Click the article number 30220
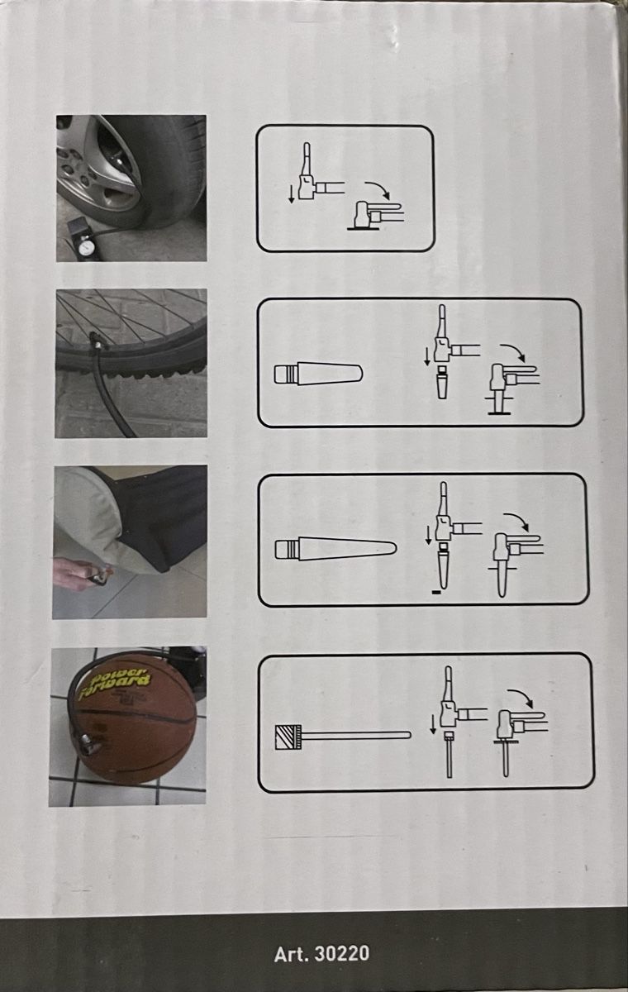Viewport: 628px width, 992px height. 341,954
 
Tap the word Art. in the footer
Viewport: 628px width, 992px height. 291,954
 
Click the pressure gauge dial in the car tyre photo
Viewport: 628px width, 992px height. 84,247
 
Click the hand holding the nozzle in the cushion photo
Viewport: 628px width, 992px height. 73,574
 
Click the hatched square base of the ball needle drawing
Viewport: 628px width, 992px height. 288,737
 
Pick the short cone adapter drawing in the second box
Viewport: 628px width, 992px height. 319,373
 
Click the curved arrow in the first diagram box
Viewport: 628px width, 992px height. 377,188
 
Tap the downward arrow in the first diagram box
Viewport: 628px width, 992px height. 291,194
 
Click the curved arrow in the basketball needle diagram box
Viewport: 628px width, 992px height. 521,697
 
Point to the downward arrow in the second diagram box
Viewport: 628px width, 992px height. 427,356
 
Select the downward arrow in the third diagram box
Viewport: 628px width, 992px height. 428,535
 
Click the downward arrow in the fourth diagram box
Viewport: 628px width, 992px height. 433,723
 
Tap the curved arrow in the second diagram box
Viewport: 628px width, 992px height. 512,352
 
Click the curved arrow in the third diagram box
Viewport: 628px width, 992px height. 516,522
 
